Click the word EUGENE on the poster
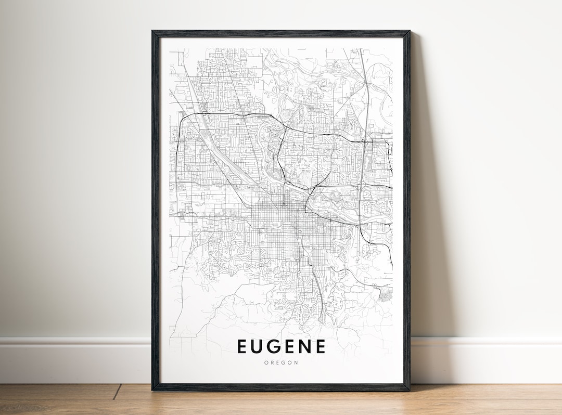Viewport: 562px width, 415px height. pos(282,346)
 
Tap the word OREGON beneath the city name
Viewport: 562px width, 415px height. pos(282,363)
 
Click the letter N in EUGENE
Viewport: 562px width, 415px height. pos(301,346)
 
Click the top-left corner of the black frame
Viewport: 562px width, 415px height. pos(153,32)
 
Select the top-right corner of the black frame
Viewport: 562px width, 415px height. pos(409,32)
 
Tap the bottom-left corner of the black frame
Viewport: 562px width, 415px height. pos(153,390)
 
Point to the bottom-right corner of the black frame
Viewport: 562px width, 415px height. pos(409,390)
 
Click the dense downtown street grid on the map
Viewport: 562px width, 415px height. pos(276,229)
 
